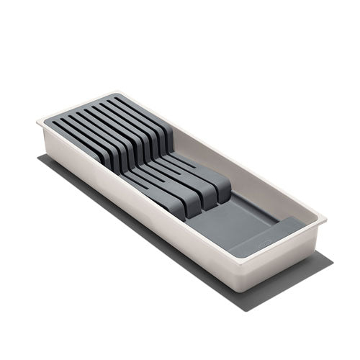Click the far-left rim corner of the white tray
tap(40, 122)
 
